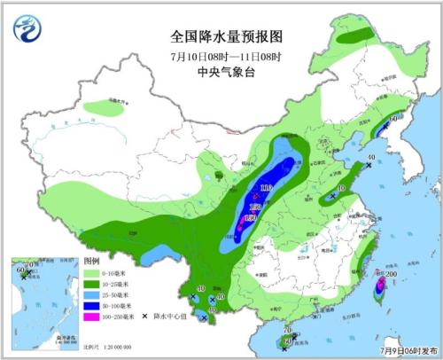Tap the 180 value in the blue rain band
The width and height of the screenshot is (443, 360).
[x=251, y=218]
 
